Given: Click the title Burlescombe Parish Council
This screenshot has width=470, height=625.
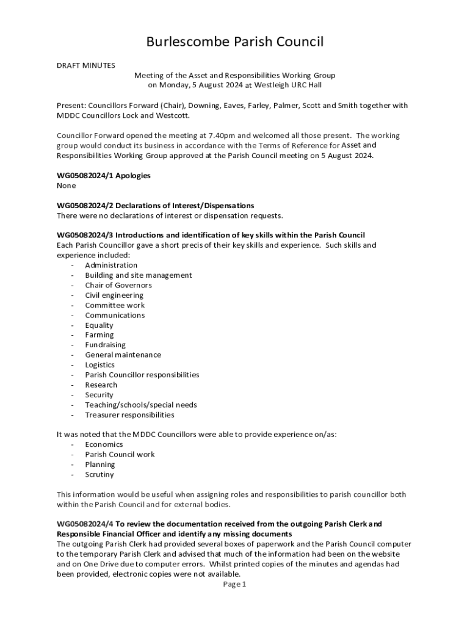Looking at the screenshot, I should pyautogui.click(x=234, y=42).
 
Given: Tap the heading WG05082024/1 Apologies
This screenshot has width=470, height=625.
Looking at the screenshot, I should pyautogui.click(x=104, y=176).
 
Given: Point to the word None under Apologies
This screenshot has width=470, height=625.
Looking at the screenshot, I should pyautogui.click(x=67, y=186).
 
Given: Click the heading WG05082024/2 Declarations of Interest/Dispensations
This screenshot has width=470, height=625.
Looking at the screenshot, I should pyautogui.click(x=156, y=206).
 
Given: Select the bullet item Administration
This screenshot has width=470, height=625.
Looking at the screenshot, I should pyautogui.click(x=111, y=266).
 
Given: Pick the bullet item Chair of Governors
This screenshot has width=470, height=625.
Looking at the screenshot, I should pyautogui.click(x=118, y=285).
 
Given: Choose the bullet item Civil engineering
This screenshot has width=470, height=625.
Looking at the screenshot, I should pyautogui.click(x=114, y=295).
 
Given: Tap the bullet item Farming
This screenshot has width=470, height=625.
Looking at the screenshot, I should pyautogui.click(x=99, y=335).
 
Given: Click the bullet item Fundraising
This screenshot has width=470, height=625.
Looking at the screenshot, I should pyautogui.click(x=105, y=345).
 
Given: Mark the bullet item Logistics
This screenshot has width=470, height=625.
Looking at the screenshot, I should pyautogui.click(x=99, y=365).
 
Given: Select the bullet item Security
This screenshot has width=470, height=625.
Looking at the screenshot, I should pyautogui.click(x=99, y=395).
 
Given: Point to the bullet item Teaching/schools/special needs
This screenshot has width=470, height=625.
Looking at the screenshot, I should pyautogui.click(x=141, y=405).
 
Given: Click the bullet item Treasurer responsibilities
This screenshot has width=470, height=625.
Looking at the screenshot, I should pyautogui.click(x=129, y=415).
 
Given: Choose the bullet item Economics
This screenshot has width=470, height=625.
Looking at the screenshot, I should pyautogui.click(x=104, y=444).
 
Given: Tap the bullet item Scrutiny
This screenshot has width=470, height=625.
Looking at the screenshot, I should pyautogui.click(x=99, y=474).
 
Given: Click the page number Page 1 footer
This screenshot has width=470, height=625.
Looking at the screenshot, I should pyautogui.click(x=234, y=584).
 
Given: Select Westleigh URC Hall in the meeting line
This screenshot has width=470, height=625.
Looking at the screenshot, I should pyautogui.click(x=288, y=85).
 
